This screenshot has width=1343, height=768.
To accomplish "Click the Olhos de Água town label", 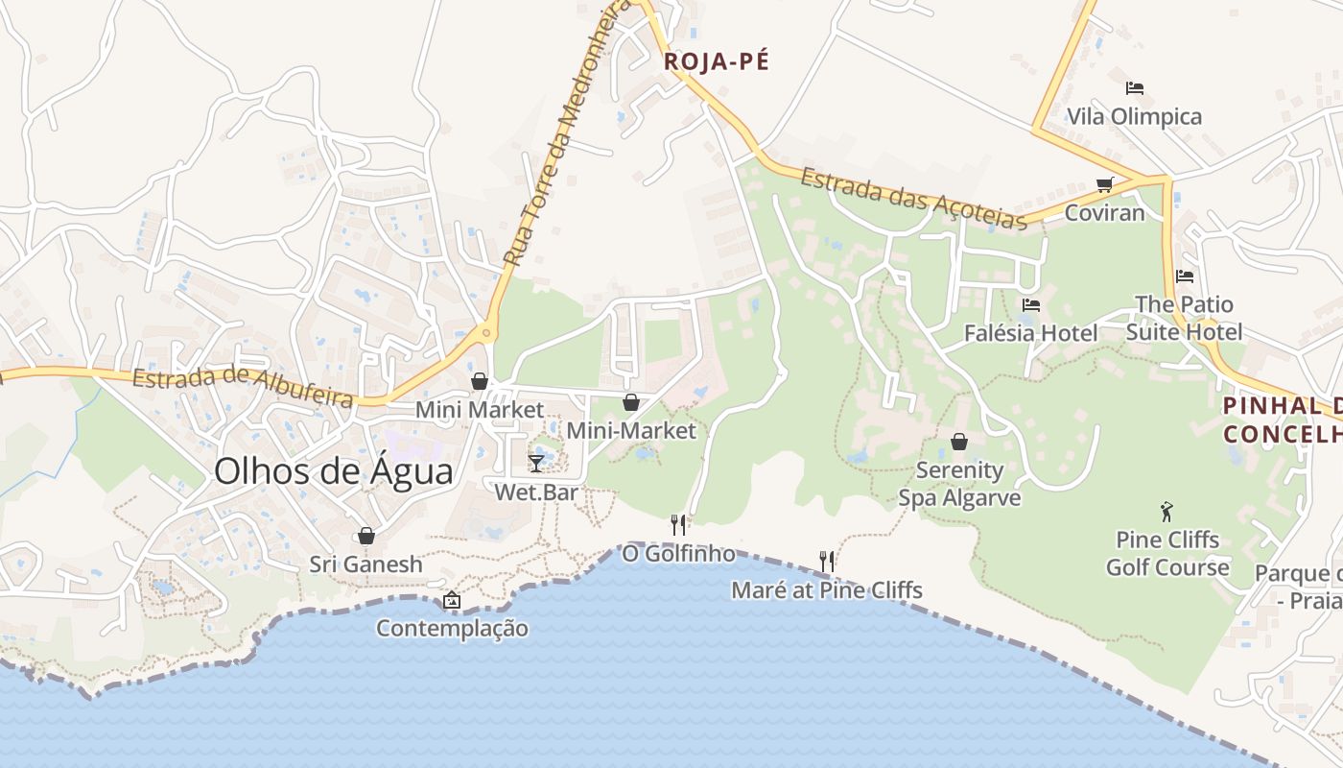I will tap(333, 471).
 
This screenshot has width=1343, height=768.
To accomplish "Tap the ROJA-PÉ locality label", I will tap(717, 61).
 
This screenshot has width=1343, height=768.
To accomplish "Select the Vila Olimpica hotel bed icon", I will tap(1135, 88).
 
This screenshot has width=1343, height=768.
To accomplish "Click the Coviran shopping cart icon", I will tap(1105, 184).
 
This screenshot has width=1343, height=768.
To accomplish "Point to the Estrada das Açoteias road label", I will tap(913, 200).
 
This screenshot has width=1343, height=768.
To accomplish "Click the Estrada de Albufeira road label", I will tap(243, 387).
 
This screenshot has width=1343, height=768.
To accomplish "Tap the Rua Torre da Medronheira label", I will tap(554, 134).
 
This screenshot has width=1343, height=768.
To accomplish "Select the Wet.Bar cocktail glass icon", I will tap(536, 464).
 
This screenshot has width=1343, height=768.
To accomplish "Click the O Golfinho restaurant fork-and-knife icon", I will tap(678, 524).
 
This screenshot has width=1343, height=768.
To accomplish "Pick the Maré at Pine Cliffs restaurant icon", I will tap(826, 561).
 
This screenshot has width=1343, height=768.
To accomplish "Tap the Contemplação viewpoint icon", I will tap(452, 601).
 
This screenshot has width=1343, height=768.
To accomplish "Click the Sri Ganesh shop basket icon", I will tap(365, 536).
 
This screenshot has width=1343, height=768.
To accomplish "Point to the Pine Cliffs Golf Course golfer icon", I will tap(1166, 512).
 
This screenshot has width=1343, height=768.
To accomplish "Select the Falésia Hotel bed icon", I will tap(1031, 305).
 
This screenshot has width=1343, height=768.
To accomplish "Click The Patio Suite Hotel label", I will tap(1184, 318).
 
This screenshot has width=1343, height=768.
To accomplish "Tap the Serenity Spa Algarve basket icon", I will tap(958, 442).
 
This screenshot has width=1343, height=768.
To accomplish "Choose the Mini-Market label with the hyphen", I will tap(630, 431).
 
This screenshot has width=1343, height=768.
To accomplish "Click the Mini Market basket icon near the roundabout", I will tap(480, 381).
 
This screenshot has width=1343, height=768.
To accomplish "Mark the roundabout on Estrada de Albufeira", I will tap(487, 334).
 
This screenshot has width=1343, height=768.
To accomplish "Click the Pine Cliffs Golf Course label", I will tap(1166, 553).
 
